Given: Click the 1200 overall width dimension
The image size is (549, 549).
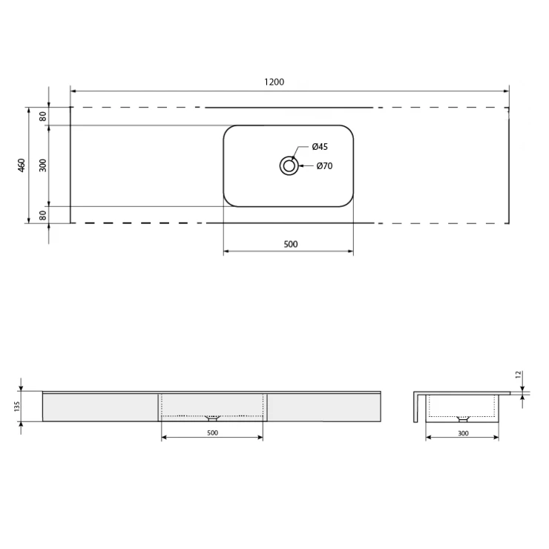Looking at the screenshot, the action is [x=274, y=82].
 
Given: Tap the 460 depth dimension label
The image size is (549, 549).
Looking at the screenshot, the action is [x=22, y=165].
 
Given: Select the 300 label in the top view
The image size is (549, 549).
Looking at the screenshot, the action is [x=43, y=165].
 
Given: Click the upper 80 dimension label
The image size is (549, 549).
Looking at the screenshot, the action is [x=43, y=116].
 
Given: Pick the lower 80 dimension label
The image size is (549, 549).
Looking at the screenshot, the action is [x=43, y=215].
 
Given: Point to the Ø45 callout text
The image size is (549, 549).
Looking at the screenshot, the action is [x=320, y=147].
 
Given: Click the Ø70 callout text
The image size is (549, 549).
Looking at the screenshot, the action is [x=324, y=166].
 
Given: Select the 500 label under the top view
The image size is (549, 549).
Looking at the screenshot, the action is [x=291, y=244].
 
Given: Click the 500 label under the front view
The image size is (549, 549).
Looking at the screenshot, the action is [x=212, y=433].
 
